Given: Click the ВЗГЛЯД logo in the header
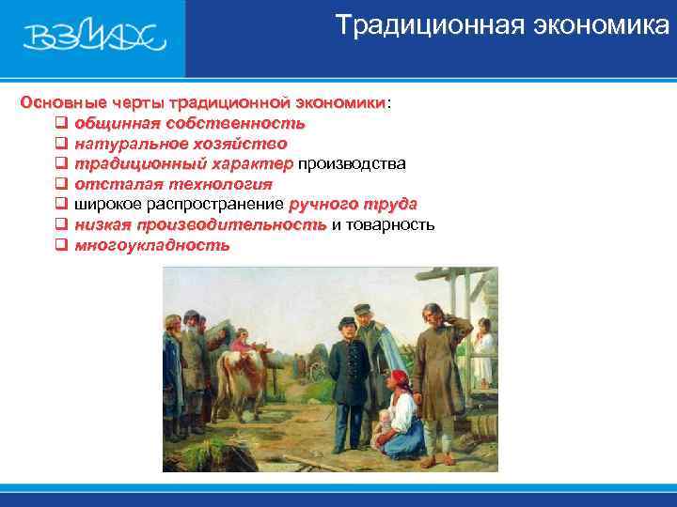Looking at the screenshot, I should pos(94,38).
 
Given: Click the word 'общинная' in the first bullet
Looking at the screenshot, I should pos(116,122).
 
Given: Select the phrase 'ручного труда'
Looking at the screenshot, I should pos(353,205).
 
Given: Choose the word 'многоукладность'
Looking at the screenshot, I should pos(151,246).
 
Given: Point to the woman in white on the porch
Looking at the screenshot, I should pos(483,352).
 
